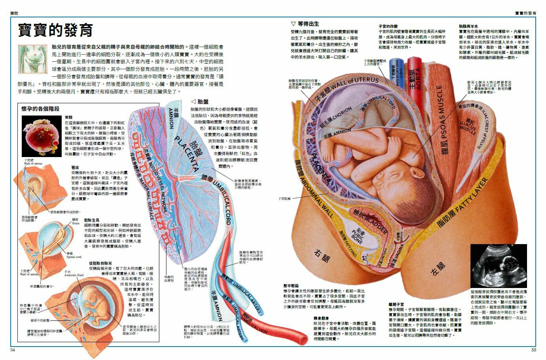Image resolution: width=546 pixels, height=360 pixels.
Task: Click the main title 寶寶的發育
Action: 55,30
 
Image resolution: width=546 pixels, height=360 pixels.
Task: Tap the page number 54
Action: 12,350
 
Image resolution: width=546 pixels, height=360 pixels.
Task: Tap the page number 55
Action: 534,350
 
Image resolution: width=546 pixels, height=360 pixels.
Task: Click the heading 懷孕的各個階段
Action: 40,108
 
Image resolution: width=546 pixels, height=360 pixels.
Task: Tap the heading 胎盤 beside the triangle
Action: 202,101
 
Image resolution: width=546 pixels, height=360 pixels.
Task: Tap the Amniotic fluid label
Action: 74,275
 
